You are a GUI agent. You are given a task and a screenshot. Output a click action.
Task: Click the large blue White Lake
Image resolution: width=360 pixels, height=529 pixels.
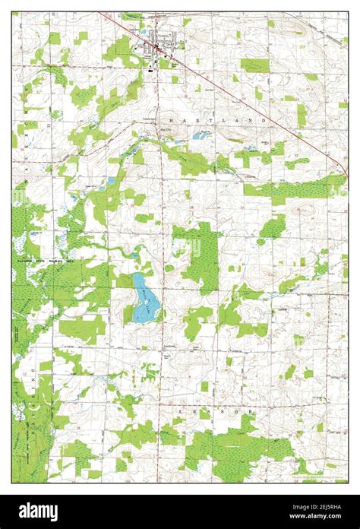click(x=145, y=298)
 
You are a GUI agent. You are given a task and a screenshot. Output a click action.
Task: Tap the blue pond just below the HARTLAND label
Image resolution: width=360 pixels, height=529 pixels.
click(x=202, y=135)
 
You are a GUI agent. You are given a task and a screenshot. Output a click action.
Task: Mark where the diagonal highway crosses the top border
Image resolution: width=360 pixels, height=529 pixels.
click(x=99, y=12)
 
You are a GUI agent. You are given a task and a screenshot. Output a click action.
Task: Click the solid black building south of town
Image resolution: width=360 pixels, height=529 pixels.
click(x=150, y=69)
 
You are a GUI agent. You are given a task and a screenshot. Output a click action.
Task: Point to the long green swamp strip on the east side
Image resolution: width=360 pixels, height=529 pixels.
click(x=296, y=187)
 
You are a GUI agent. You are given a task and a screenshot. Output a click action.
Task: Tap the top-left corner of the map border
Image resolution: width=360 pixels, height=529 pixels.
click(x=12, y=12)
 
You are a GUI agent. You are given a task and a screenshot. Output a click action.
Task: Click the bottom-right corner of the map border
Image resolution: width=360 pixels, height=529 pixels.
click(x=348, y=483)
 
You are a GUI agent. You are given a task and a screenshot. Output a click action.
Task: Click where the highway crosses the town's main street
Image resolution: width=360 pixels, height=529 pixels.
click(x=158, y=50)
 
